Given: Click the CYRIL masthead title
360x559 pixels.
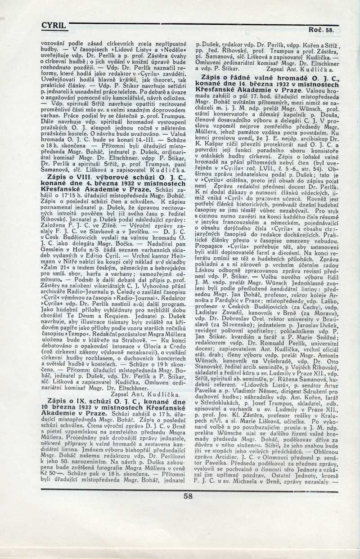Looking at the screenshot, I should (x=53, y=26).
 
